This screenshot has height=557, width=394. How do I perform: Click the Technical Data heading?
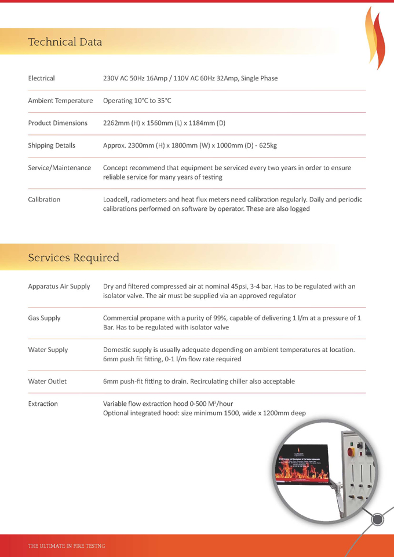65,42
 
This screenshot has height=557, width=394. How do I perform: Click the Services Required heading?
74,257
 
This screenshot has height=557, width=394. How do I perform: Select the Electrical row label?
42,78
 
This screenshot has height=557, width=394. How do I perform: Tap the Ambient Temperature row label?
60,101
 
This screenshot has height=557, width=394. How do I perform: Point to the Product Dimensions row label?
57,123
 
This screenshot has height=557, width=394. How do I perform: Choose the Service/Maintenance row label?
60,167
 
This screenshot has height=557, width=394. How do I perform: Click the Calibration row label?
44,199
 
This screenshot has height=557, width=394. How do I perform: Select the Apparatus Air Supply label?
59,286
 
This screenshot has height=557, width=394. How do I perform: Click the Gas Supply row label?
44,318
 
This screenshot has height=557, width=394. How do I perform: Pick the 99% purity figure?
217,318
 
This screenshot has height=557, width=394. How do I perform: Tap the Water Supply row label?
48,350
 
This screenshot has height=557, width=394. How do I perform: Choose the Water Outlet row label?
48,382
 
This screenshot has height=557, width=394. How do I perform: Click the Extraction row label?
43,404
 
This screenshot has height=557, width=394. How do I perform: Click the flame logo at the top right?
375,38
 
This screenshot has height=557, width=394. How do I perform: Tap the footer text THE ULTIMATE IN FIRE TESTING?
67,546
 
